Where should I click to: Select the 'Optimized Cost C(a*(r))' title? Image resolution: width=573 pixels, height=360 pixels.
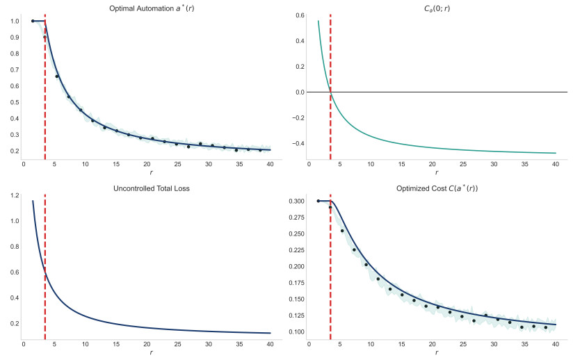click(x=436, y=188)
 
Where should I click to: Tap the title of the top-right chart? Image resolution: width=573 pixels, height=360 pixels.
click(x=436, y=8)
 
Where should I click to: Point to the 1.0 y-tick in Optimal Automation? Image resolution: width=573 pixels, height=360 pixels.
click(x=14, y=21)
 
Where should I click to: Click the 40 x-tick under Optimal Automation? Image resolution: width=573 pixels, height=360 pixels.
click(x=270, y=164)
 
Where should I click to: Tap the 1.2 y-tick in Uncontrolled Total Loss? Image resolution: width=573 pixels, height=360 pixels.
click(x=14, y=195)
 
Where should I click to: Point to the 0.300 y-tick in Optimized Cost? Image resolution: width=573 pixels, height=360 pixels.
click(x=296, y=201)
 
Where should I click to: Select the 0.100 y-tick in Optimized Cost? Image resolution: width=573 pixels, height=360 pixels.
click(x=296, y=332)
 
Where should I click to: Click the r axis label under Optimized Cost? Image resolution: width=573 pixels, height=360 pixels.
click(x=436, y=353)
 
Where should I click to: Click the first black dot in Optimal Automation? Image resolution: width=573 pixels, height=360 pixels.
click(x=33, y=21)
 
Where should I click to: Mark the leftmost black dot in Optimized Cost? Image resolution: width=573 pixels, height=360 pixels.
click(x=318, y=201)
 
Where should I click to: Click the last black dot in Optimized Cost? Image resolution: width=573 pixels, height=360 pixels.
click(x=546, y=327)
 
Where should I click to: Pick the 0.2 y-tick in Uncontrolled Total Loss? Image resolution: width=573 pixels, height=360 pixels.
click(x=14, y=323)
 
